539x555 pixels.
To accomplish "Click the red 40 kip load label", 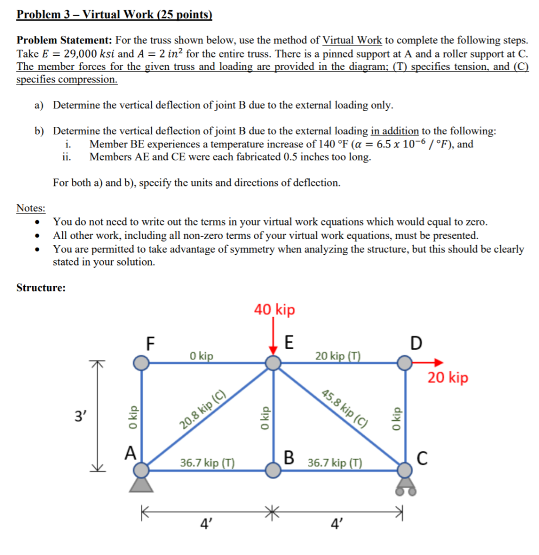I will click(x=275, y=310).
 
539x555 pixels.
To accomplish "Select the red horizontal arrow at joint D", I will click(x=428, y=363).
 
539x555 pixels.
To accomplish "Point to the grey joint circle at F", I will click(x=141, y=363).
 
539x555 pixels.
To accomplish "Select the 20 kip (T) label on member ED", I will click(x=337, y=356).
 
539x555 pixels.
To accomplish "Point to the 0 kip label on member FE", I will click(x=201, y=356).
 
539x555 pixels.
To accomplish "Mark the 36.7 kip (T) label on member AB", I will click(x=207, y=463).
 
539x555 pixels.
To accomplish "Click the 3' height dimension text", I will click(x=79, y=417).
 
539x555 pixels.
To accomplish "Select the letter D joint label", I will click(x=415, y=344).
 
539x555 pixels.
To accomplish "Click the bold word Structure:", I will click(x=41, y=288).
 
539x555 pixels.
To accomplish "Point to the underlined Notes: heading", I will click(x=31, y=209).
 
